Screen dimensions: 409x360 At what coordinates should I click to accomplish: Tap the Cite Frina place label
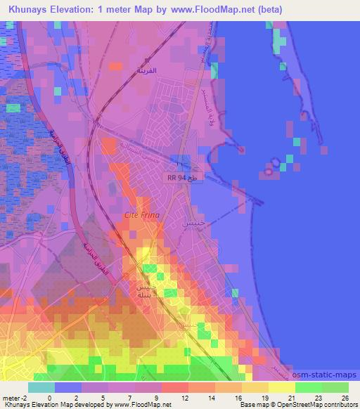click(141, 215)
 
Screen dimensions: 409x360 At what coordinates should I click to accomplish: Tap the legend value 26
click(344, 397)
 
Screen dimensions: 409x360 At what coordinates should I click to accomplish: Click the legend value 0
click(49, 397)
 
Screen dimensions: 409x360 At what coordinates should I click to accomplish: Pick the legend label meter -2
click(14, 397)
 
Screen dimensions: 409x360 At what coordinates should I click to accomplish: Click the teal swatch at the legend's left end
click(41, 387)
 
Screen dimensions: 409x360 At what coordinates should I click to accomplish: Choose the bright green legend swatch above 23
click(308, 387)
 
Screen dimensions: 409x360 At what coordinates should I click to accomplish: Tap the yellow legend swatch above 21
click(281, 387)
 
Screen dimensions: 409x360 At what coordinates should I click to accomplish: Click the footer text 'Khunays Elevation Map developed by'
click(49, 405)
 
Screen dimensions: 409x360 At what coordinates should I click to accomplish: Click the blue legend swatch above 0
click(67, 387)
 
